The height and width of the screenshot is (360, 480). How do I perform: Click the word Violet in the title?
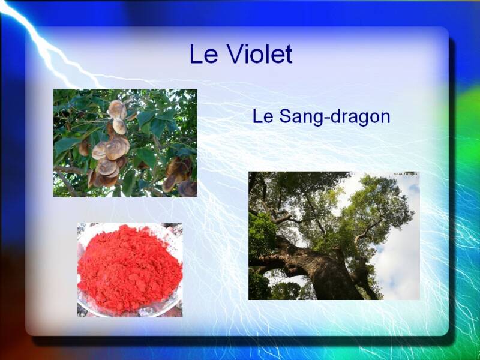coord(260,54)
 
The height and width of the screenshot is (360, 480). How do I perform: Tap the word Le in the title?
coord(203,54)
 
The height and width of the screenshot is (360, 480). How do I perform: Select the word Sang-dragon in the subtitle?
coord(335,118)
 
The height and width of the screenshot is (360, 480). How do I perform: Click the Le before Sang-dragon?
coord(263,116)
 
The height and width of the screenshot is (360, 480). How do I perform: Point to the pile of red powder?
coord(129,268)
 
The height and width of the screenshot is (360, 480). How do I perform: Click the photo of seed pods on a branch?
coord(125,143)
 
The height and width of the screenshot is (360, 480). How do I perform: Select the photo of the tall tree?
coord(334,236)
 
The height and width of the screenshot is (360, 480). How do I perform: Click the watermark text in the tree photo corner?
coord(406,174)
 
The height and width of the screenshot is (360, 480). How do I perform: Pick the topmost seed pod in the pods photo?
coord(117,109)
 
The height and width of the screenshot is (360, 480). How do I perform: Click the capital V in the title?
coord(235,54)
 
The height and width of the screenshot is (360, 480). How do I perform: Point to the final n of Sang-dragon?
coord(385,118)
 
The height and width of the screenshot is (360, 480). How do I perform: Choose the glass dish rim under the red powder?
coord(128,312)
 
